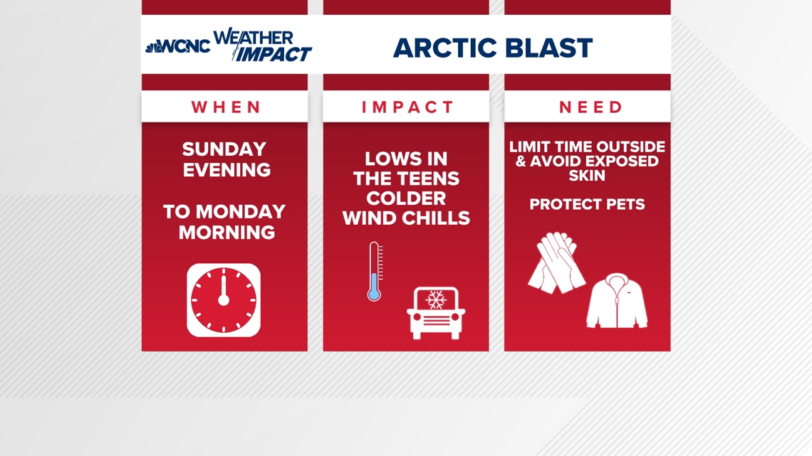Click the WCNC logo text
[x=183, y=47]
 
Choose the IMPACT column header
[x=407, y=107]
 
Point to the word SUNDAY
[x=224, y=149]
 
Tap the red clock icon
[x=224, y=299]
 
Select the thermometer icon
[x=374, y=271]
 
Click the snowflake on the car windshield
[x=435, y=300]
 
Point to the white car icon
[x=435, y=313]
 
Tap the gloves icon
[x=556, y=263]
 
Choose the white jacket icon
[x=616, y=303]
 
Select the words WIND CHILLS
[x=406, y=218]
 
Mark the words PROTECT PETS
[x=587, y=205]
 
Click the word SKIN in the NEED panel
[x=587, y=175]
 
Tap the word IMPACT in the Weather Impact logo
[x=274, y=54]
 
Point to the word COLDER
[x=406, y=198]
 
